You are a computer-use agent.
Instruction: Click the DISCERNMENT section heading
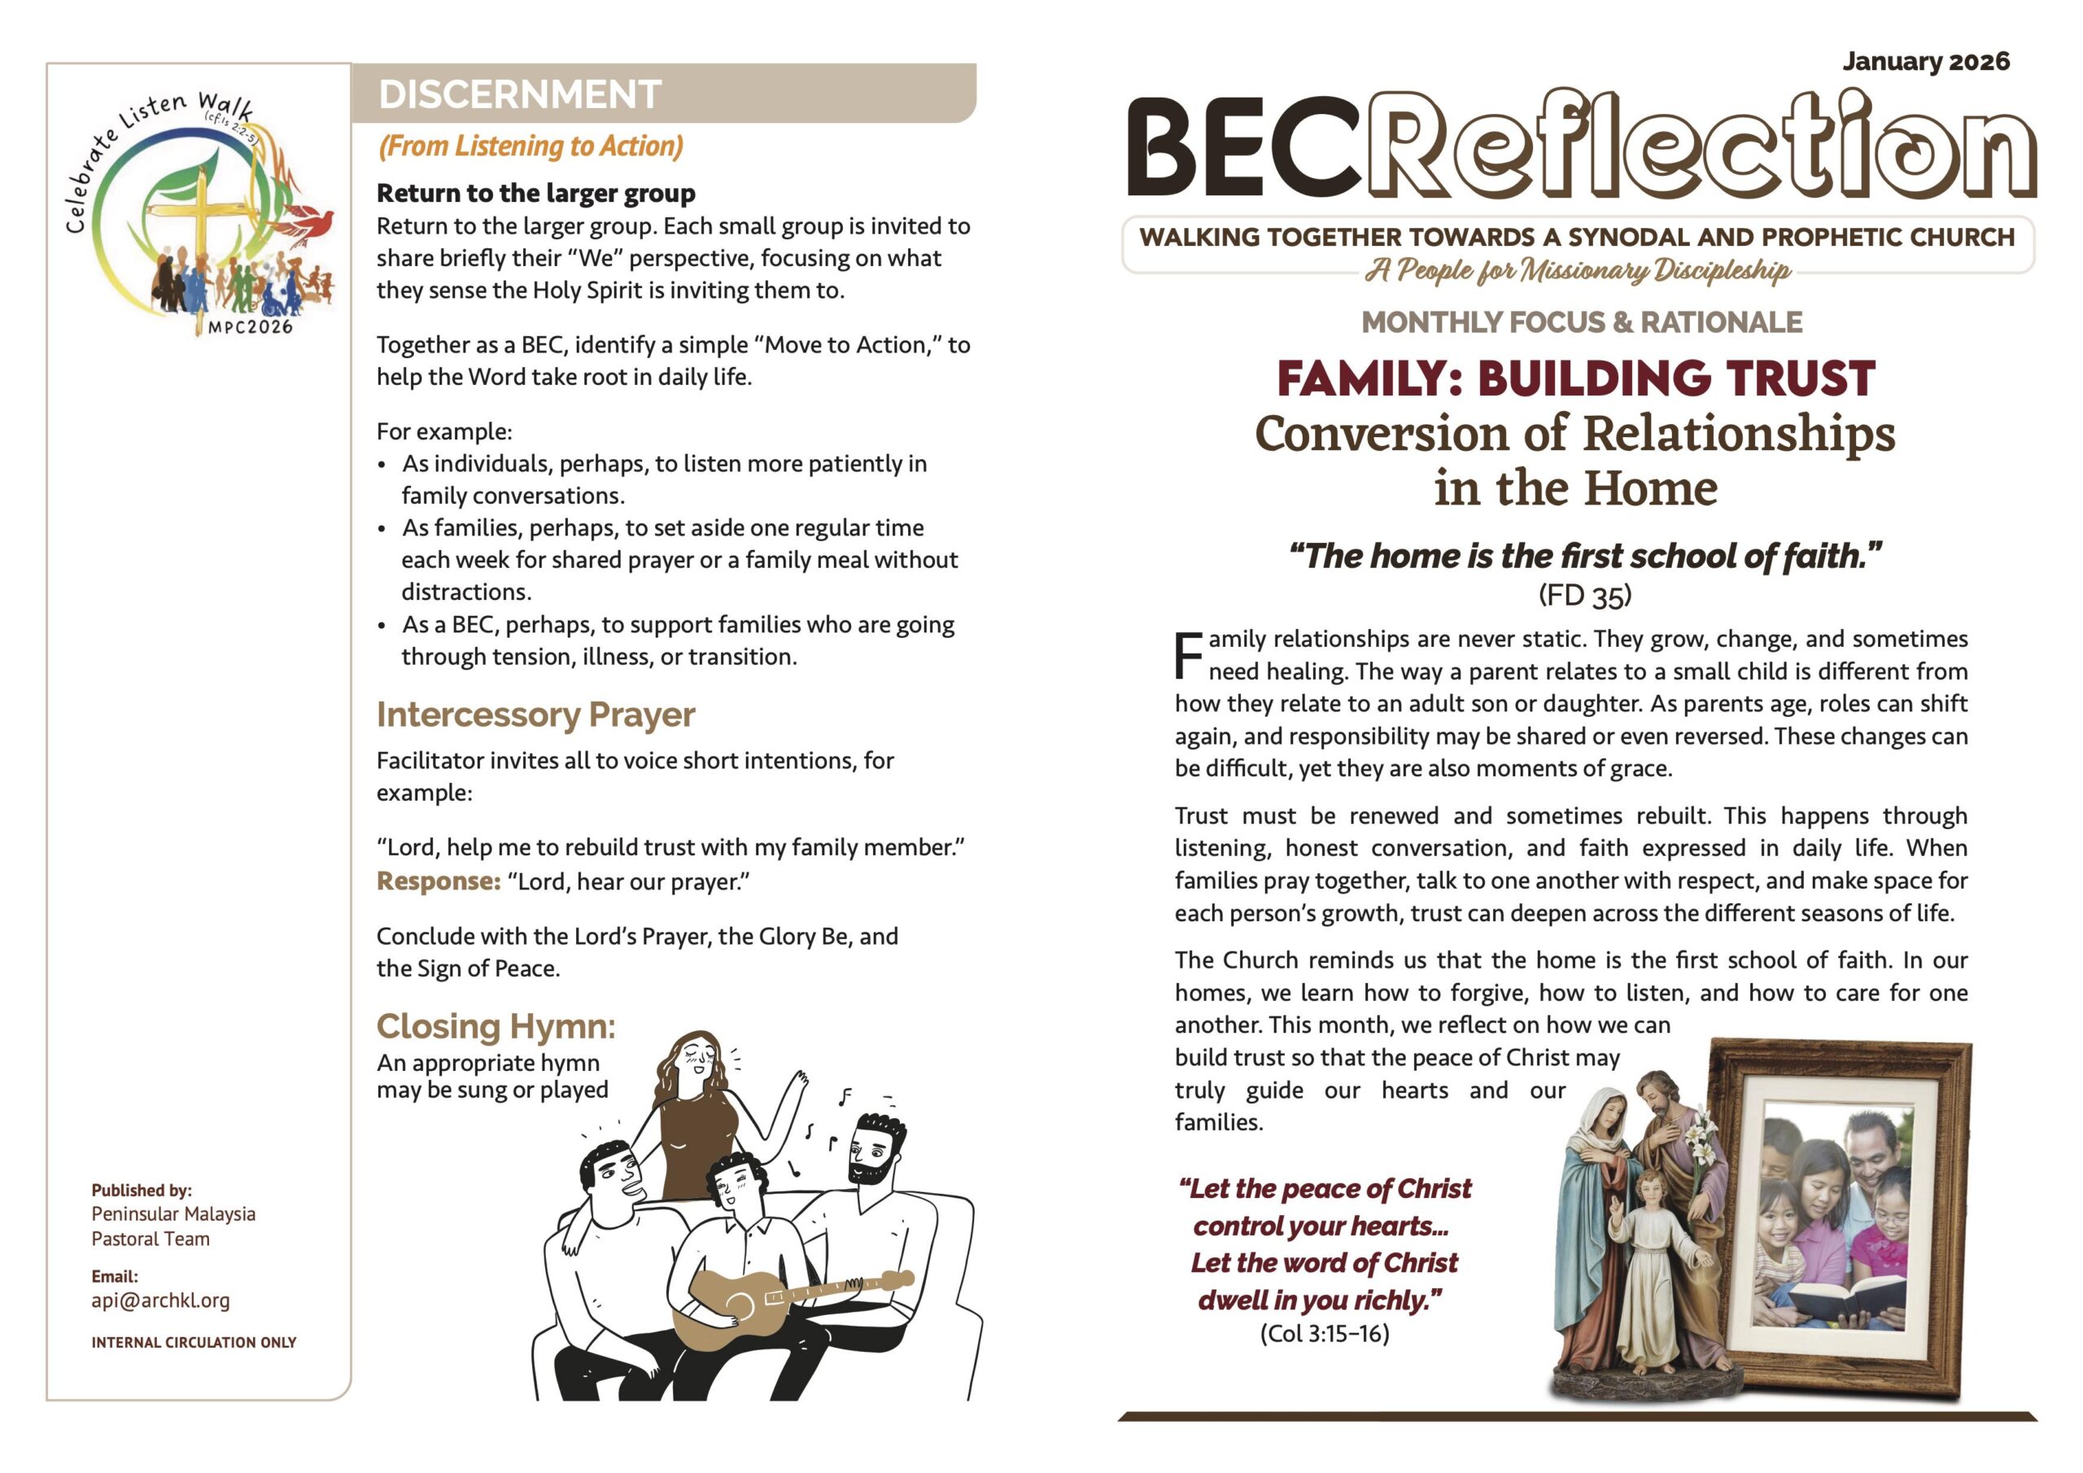click(519, 94)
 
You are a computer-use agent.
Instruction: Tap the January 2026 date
click(1925, 62)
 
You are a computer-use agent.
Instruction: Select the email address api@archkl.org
click(160, 1300)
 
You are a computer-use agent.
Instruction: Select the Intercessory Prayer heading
click(535, 715)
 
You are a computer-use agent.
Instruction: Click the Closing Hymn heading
click(496, 1026)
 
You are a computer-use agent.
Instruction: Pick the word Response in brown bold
click(439, 881)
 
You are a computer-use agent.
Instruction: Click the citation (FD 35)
click(1584, 596)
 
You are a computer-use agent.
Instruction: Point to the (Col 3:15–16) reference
click(1324, 1333)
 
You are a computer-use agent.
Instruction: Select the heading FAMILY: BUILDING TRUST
click(1575, 378)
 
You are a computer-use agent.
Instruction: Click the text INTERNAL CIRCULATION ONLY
click(193, 1342)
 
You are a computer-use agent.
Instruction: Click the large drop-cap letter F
click(1189, 655)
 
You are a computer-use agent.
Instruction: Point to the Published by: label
click(142, 1190)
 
